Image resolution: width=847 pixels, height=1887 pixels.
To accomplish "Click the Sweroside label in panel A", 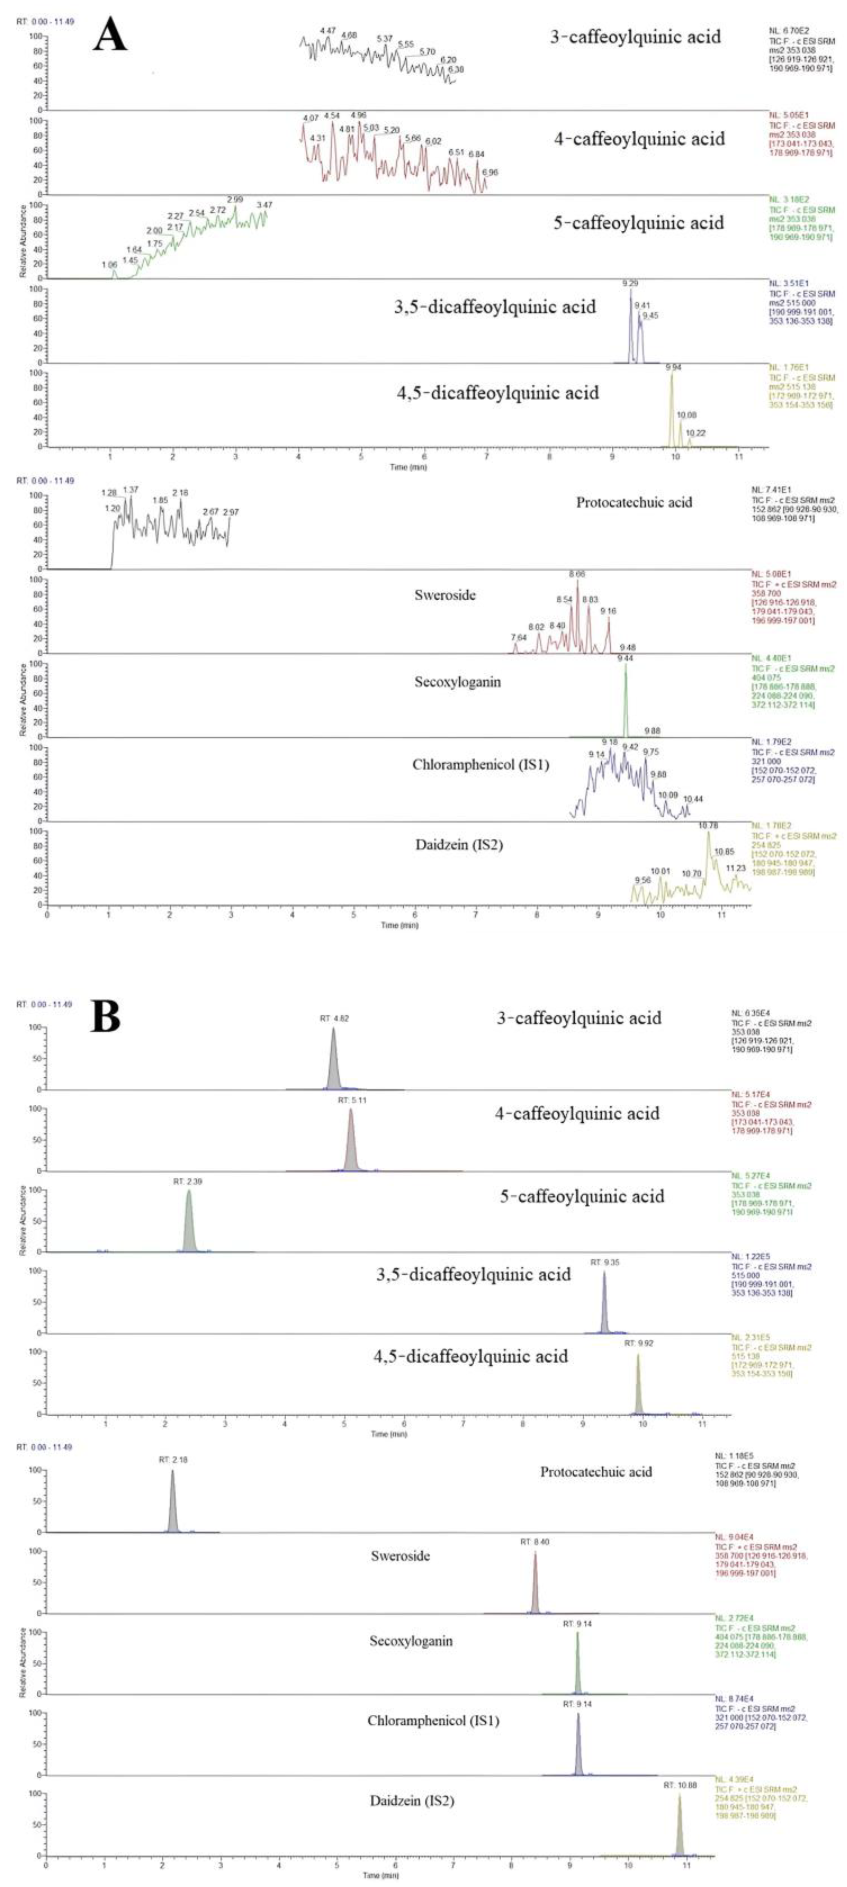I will tap(445, 595).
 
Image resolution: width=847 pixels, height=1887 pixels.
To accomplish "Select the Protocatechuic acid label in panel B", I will tap(596, 1472).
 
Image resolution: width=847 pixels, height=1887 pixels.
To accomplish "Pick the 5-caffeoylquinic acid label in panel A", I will tap(638, 223).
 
